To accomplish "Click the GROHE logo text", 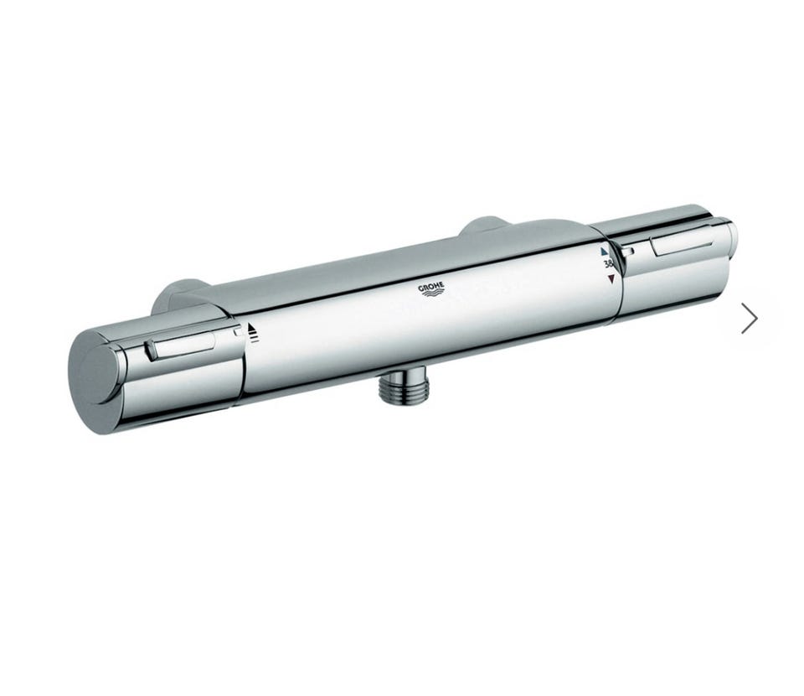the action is (x=431, y=287).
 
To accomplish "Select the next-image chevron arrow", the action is (x=750, y=318).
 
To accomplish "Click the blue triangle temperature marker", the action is (x=604, y=252).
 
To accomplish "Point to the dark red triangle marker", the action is (x=611, y=279).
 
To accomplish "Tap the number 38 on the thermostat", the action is (x=608, y=265).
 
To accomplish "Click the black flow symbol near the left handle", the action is (x=252, y=333).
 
